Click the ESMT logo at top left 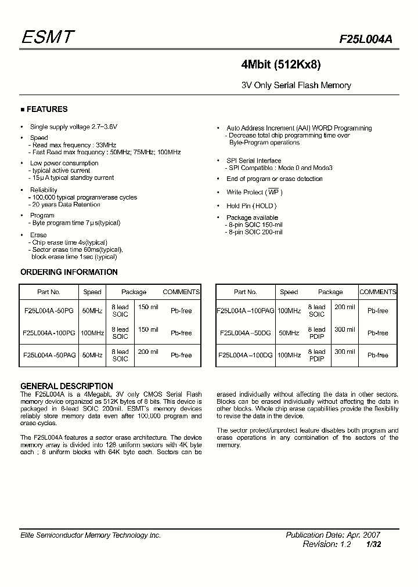coord(48,38)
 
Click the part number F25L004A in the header coord(366,39)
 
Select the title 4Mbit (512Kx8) coord(281,65)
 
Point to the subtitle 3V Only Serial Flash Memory coord(296,85)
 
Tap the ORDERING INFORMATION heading coord(69,272)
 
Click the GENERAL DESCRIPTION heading coord(66,386)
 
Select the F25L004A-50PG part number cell coord(49,311)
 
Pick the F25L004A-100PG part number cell coord(49,333)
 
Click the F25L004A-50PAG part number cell coord(49,355)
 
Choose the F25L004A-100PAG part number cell coord(246,311)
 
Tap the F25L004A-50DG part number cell coord(246,333)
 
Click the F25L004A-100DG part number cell coord(246,355)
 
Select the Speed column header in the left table coord(92,292)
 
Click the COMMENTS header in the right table coord(378,292)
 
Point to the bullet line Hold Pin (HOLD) coord(251,206)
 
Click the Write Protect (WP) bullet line coord(254,193)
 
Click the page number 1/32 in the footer coord(373,545)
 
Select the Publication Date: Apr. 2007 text coord(333,535)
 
